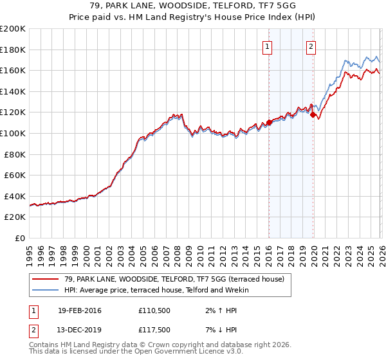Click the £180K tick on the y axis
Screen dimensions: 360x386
(x=13, y=50)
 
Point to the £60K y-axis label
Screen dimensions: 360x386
(x=15, y=175)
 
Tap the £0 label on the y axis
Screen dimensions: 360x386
(x=21, y=238)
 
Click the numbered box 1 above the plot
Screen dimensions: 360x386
(x=266, y=46)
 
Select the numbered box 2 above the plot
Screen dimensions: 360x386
(x=311, y=46)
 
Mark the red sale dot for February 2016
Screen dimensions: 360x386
(x=269, y=122)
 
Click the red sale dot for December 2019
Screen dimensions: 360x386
(x=313, y=115)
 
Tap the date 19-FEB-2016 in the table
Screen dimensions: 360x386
(x=79, y=310)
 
